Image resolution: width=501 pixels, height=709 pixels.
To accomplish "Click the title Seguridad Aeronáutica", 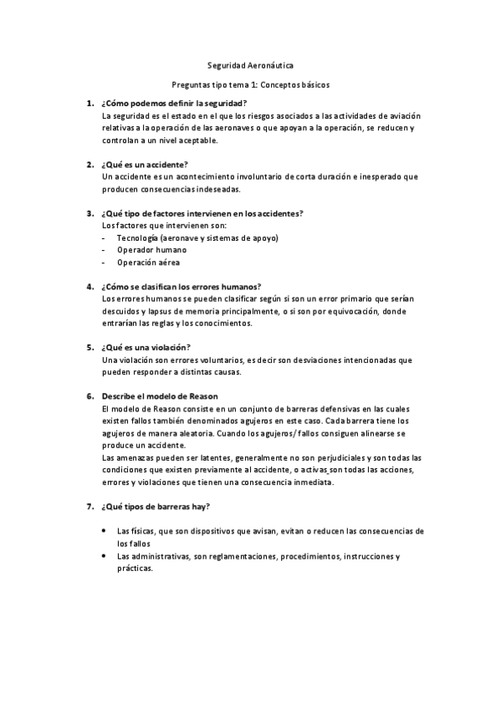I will (250, 64).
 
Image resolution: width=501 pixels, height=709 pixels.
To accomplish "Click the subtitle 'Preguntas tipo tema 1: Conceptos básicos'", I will (250, 84).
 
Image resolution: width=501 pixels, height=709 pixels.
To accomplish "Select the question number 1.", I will (89, 103).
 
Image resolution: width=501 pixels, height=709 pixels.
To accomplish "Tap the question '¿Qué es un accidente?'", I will (145, 165).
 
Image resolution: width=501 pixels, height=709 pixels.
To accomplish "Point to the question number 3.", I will (89, 213).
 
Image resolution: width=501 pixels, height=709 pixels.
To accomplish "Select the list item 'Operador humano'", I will (151, 249).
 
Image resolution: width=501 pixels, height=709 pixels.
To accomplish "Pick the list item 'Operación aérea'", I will (148, 262).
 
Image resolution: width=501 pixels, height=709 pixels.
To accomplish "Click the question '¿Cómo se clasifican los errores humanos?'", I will (181, 286).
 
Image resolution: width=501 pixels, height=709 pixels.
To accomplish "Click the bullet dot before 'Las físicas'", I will (103, 530).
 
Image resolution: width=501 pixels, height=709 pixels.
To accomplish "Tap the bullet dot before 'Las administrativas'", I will (103, 555).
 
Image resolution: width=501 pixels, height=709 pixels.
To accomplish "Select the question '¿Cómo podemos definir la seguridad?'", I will (174, 103).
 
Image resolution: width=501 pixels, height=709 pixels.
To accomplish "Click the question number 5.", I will (89, 347).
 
